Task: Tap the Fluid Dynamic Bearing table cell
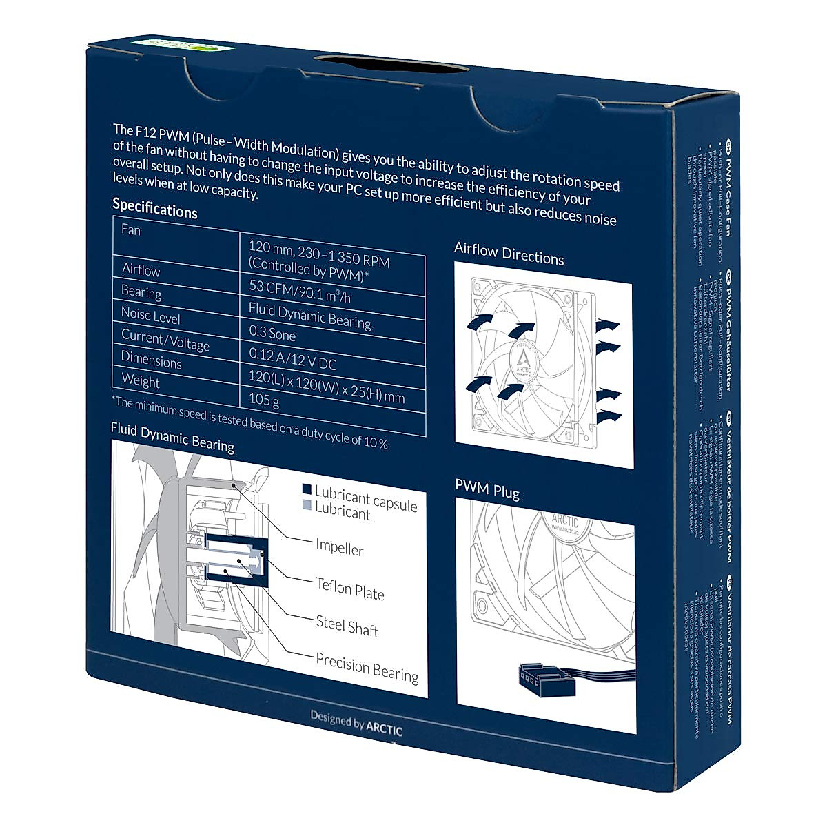pos(309,316)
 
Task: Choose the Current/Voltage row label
pos(165,340)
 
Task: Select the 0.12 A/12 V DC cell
pos(292,359)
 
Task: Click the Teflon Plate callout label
pos(349,588)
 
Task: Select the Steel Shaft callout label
pos(347,626)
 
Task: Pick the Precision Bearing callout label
pos(367,666)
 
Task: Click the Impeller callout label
pos(339,548)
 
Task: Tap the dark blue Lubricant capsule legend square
pos(307,489)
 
